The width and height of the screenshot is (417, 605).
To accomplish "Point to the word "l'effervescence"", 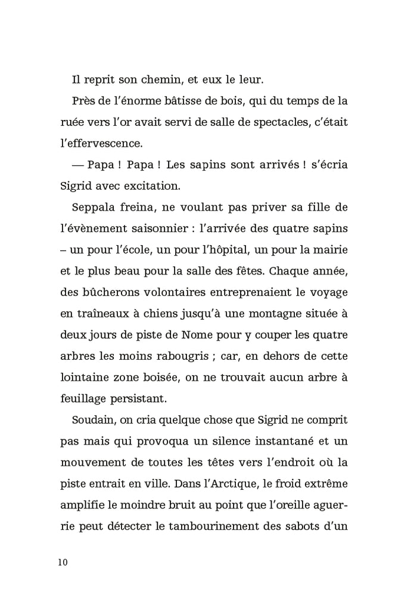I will tap(101, 143).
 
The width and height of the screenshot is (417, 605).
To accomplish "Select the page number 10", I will tap(64, 563).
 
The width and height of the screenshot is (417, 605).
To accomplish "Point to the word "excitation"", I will tap(150, 186).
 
